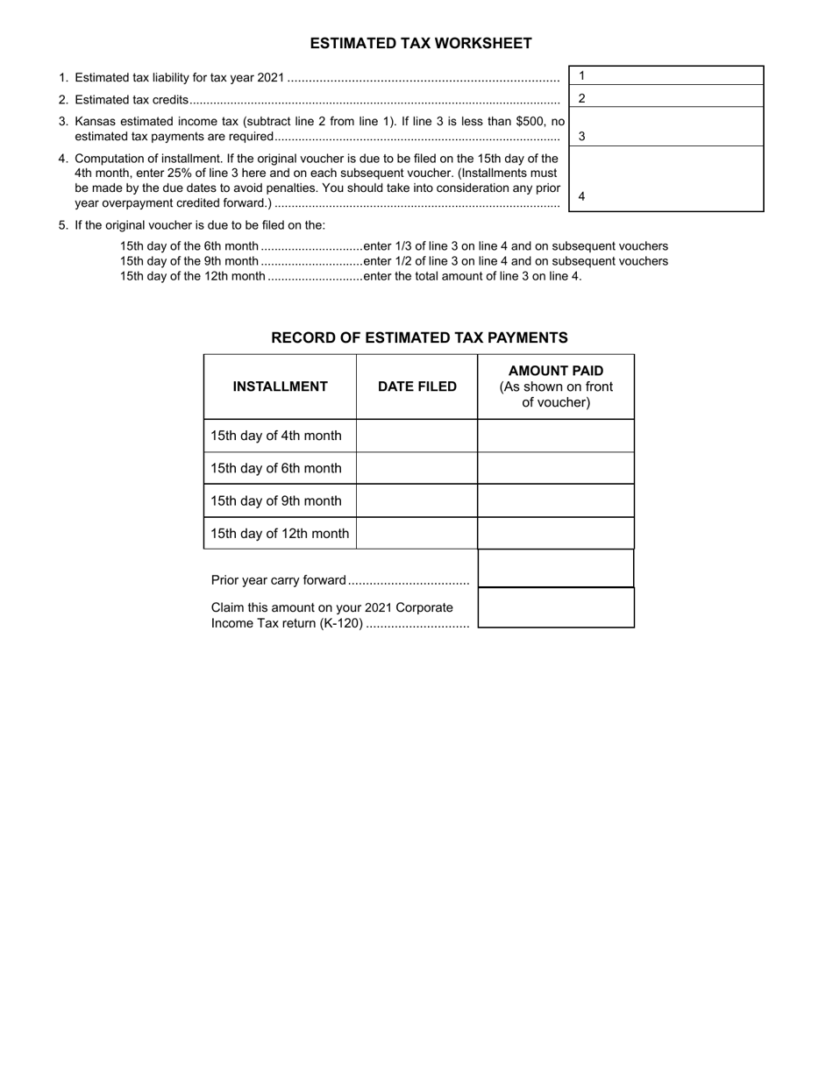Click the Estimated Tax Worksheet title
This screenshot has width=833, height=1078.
[420, 43]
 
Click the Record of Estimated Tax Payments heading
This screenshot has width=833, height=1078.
[419, 337]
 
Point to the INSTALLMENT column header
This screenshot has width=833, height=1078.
[280, 387]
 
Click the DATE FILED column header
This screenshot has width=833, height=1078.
[416, 387]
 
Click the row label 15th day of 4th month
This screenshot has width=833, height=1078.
[276, 436]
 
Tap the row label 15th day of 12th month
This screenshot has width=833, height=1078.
[280, 534]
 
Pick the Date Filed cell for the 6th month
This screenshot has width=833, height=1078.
[416, 468]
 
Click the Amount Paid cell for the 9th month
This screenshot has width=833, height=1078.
[556, 500]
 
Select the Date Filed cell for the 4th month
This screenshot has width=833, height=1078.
[416, 436]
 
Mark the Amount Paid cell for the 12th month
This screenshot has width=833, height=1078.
[556, 534]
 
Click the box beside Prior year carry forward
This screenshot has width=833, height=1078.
[556, 569]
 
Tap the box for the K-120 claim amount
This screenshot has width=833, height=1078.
[556, 607]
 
